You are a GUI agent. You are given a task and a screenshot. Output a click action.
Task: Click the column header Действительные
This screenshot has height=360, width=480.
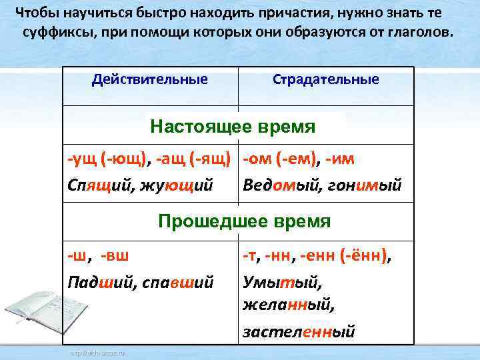[150, 80]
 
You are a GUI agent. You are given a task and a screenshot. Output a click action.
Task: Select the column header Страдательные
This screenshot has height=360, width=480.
[326, 80]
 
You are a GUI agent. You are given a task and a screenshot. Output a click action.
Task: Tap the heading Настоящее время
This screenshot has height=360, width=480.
[233, 126]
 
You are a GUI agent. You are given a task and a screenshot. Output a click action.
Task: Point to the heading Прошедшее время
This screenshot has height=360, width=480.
[244, 221]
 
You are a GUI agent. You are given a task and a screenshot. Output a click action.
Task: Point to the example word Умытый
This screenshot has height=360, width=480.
[273, 282]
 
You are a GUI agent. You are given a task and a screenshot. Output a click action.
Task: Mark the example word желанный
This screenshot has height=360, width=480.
[288, 305]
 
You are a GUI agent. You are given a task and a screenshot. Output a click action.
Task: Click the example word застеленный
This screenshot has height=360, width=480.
[299, 331]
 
